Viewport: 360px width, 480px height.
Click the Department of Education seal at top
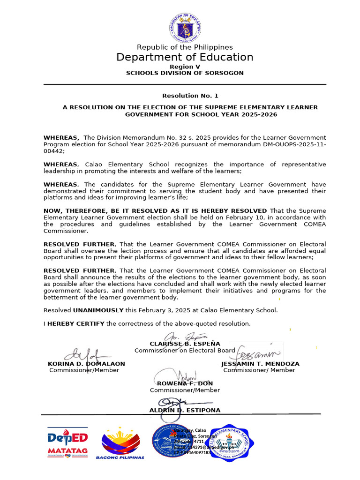coord(185,27)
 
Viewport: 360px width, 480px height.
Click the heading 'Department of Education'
coord(185,57)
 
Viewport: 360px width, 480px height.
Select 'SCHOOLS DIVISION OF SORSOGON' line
coord(185,73)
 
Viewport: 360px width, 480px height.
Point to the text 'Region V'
coord(185,67)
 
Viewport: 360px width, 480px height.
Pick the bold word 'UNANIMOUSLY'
coord(98,310)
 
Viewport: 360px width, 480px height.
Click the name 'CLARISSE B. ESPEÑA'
coord(185,344)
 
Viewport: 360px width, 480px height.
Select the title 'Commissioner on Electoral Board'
coord(185,351)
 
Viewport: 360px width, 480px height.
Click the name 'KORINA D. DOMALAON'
coord(86,364)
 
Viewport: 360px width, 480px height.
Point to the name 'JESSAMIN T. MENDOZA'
coord(260,364)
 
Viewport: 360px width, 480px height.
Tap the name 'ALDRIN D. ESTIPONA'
coord(178,410)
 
